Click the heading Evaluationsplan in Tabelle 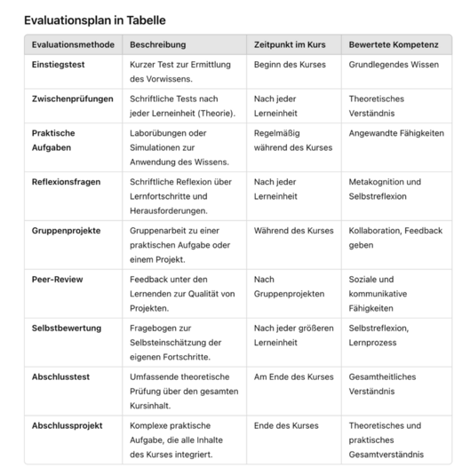click(94, 20)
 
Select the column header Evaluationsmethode click(72, 44)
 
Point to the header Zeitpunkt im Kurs click(291, 44)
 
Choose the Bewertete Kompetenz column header click(394, 44)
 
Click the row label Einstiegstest click(62, 65)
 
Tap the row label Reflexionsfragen click(69, 181)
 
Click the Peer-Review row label click(58, 279)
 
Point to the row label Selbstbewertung click(67, 328)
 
